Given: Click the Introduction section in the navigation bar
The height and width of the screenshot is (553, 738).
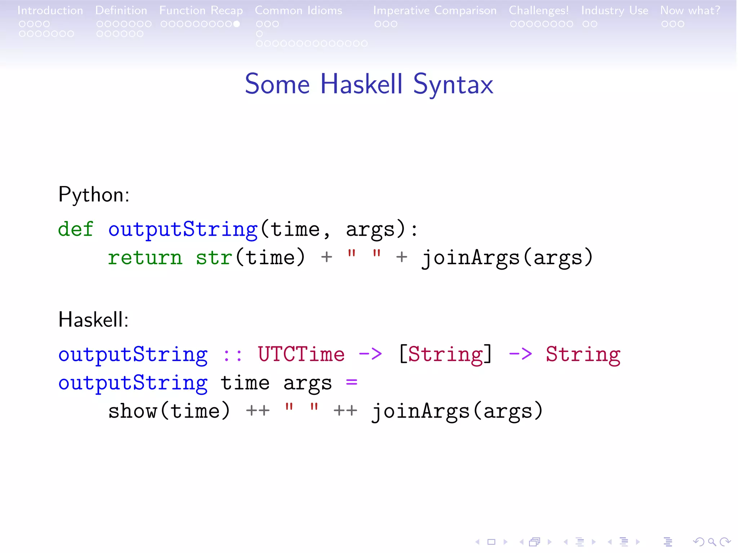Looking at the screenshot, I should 50,10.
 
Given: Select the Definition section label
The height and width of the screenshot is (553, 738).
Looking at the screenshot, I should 121,10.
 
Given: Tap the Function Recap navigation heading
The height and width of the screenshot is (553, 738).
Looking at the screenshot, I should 201,10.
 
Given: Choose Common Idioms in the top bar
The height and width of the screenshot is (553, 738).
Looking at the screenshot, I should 298,10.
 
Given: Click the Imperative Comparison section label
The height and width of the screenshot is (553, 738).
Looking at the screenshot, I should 435,10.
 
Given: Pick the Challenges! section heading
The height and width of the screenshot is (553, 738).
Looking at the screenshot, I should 539,10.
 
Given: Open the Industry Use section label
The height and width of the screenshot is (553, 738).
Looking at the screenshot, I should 614,10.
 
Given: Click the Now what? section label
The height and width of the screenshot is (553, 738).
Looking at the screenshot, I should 690,10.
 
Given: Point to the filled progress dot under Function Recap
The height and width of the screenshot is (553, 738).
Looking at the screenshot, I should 236,24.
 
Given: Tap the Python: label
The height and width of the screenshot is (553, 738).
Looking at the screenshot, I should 94,195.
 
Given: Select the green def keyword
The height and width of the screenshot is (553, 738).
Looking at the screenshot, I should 76,229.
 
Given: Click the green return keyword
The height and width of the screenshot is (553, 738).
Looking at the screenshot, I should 145,258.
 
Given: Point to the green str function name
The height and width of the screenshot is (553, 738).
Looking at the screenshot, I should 214,258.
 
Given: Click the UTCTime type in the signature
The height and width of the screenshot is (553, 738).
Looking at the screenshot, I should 301,354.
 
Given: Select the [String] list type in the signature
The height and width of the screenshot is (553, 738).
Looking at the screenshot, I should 445,354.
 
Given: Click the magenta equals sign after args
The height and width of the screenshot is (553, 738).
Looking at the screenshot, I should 351,382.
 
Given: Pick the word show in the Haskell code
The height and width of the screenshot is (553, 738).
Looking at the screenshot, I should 133,411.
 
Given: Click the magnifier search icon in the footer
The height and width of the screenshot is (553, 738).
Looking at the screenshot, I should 712,542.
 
